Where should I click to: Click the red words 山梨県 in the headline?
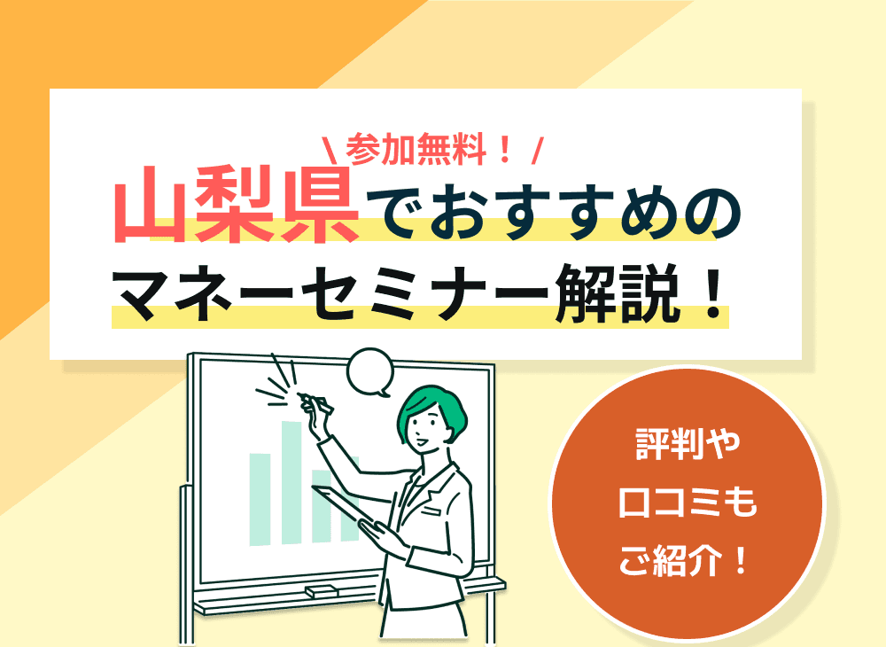tap(237, 211)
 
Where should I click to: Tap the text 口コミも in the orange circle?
tap(688, 503)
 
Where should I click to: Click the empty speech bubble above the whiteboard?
tap(369, 372)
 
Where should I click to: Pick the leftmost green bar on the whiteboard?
tap(260, 498)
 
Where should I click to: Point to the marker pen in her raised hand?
tap(313, 401)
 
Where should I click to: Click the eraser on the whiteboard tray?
tap(321, 590)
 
